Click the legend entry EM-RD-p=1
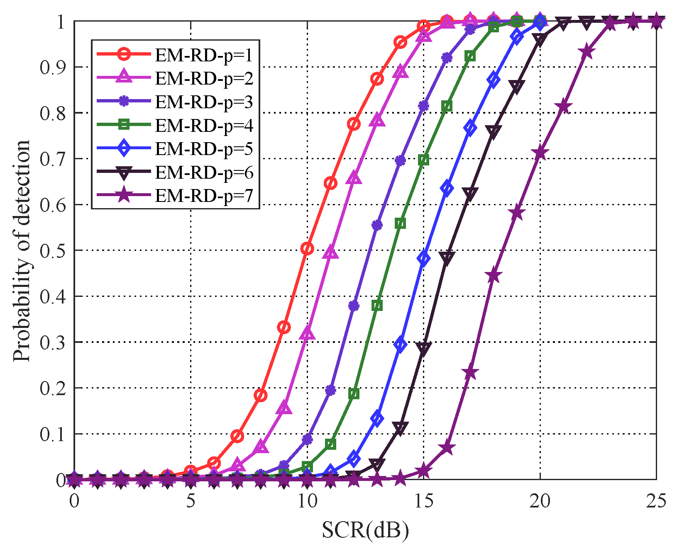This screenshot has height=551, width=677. [x=204, y=55]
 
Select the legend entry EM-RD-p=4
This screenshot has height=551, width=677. [x=204, y=125]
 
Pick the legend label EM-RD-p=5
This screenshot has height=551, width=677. [x=204, y=149]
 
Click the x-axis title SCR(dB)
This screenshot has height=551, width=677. [x=365, y=530]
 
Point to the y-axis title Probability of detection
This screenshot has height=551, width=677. [x=22, y=250]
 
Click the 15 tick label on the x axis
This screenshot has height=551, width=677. [x=423, y=501]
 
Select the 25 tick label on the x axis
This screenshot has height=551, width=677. [x=656, y=501]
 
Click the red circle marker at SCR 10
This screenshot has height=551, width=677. [x=307, y=248]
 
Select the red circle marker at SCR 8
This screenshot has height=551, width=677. [x=260, y=395]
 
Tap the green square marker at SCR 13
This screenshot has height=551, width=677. [x=377, y=306]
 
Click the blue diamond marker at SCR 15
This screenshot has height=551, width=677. [x=423, y=258]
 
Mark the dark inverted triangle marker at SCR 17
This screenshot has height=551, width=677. [x=470, y=194]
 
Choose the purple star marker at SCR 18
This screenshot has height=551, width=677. [x=493, y=276]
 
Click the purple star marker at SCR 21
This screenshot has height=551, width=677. [x=563, y=107]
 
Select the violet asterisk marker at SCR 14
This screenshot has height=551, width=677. [x=400, y=160]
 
